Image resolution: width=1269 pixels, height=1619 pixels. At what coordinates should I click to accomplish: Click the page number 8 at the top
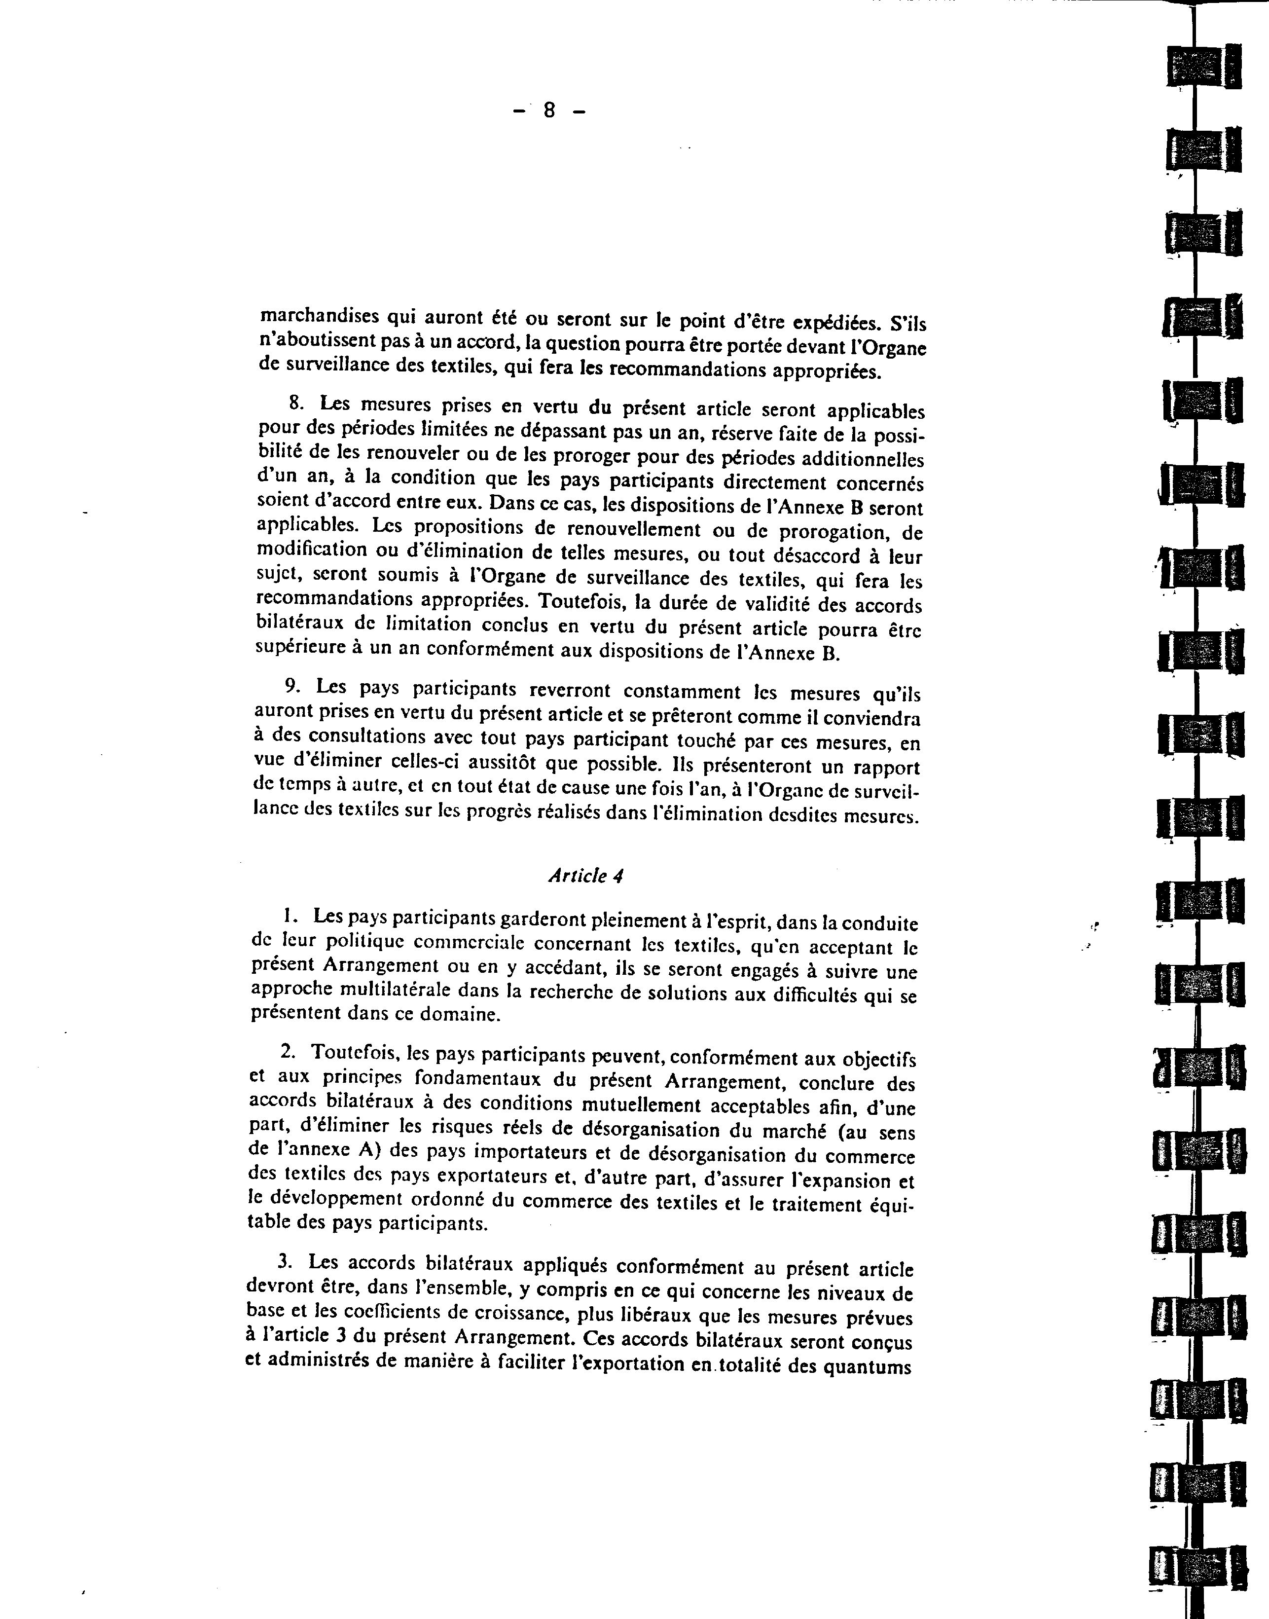(549, 110)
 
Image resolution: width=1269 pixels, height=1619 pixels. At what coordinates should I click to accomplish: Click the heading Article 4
(585, 876)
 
